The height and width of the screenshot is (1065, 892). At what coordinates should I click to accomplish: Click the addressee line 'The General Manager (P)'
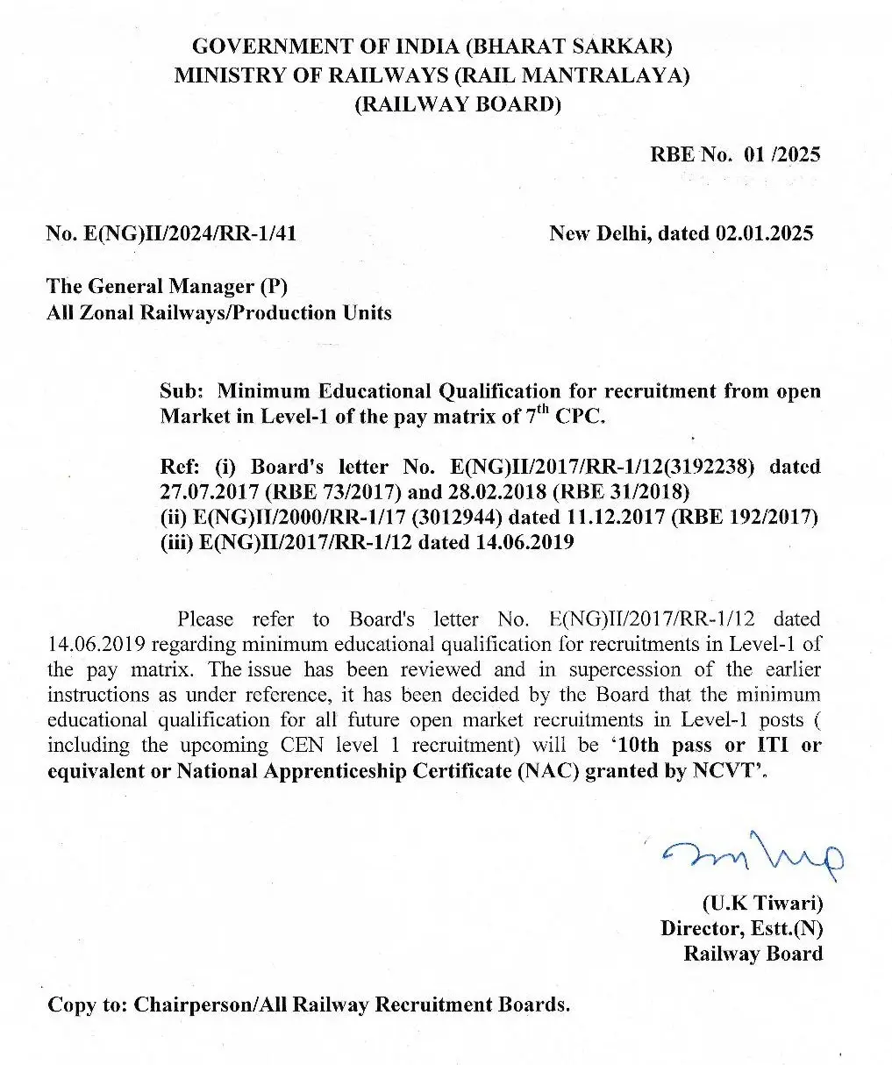167,286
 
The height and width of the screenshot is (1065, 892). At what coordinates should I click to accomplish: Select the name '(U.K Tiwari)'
762,903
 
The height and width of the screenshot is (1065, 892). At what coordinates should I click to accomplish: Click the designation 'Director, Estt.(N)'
741,928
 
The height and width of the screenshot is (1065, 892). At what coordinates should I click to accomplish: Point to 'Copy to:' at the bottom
86,1004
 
